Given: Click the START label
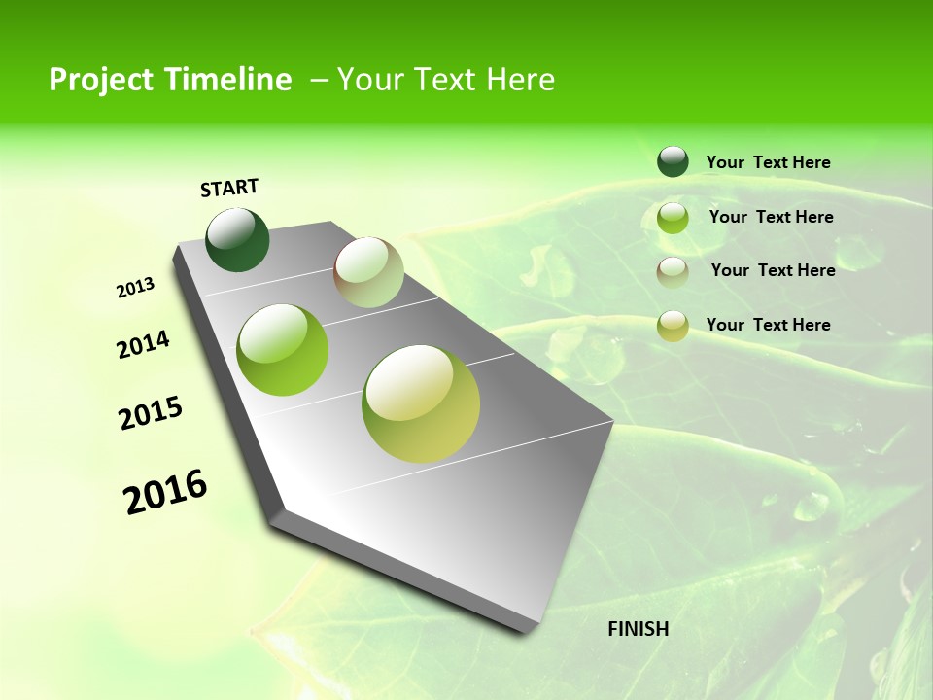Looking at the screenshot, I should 229,188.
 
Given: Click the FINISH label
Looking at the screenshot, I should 639,629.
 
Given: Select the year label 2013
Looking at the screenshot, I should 136,288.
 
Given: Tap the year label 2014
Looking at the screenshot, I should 143,345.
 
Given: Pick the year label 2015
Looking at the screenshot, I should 151,413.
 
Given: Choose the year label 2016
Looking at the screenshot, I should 165,491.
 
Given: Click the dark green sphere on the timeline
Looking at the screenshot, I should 237,240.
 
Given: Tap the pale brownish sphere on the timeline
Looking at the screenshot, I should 368,272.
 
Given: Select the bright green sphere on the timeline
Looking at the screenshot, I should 283,350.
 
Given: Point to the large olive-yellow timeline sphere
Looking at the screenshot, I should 421,403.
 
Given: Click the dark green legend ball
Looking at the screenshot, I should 673,162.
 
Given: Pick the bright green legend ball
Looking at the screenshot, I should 673,217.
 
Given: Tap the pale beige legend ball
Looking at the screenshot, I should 673,271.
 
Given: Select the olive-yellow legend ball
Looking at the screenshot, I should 673,325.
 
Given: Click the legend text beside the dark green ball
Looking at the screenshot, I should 768,162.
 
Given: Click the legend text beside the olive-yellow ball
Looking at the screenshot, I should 768,325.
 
